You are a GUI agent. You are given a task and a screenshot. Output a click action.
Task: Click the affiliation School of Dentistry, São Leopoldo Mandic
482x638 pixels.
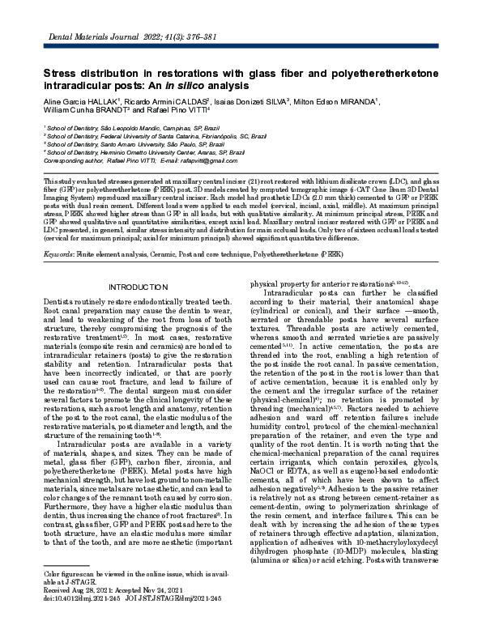pos(120,128)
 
